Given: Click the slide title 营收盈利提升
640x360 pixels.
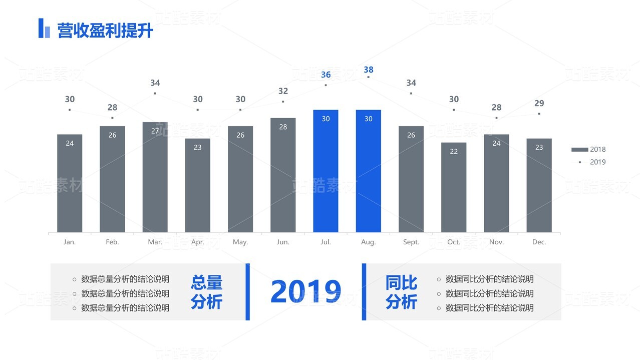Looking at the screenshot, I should (105, 31).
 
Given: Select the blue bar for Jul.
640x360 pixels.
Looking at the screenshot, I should (326, 171).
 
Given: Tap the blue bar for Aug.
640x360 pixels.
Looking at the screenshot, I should (368, 171).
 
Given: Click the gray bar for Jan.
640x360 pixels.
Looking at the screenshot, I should (70, 183).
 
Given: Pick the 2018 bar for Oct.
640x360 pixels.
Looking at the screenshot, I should (454, 187).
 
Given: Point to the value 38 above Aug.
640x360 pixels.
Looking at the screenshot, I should (369, 70).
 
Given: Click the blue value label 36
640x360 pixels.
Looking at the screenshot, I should (326, 75).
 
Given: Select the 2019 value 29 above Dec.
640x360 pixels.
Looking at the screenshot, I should (539, 104).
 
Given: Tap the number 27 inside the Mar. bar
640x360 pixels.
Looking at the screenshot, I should (155, 131).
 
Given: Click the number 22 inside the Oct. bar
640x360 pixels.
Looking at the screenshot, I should (454, 151).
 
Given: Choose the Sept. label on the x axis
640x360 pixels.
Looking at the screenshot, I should (411, 242).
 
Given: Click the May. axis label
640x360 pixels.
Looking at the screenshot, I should (240, 242).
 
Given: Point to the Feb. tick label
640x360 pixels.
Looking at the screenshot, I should (112, 242).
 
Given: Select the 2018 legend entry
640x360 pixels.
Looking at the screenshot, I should (589, 149).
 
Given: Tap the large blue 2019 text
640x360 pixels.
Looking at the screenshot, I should (305, 292).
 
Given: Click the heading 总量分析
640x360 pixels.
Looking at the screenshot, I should (206, 292).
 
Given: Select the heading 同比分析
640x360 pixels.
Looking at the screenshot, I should (401, 292).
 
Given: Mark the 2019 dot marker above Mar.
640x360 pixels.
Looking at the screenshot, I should (155, 93).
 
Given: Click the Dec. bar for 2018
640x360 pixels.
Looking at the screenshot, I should (539, 185).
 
